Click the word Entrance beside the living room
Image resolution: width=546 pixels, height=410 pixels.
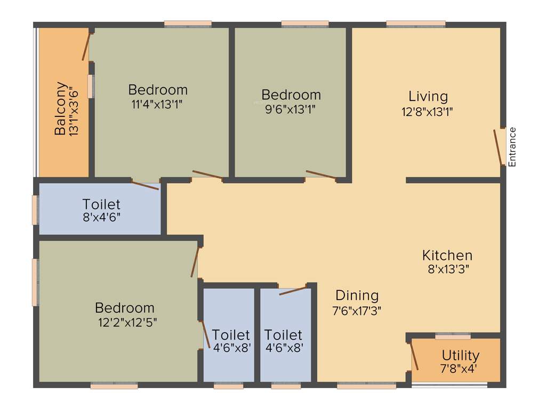(x=512, y=147)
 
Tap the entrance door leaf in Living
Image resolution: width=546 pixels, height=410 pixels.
(x=499, y=146)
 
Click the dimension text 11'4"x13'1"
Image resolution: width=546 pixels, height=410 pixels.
(x=157, y=104)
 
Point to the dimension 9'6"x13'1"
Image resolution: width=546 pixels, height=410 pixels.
(x=291, y=109)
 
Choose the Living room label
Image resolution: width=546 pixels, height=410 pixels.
(x=428, y=97)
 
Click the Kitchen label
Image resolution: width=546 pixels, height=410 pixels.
(x=447, y=255)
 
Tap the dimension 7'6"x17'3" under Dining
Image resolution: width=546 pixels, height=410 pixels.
(x=357, y=310)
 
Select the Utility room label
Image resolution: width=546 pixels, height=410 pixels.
(x=460, y=356)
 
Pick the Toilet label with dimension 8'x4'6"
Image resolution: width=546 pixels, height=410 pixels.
(x=101, y=204)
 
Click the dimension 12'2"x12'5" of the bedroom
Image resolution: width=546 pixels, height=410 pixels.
(x=125, y=322)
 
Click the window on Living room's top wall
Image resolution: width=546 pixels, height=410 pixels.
(x=415, y=23)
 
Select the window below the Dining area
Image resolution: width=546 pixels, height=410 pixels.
(x=366, y=385)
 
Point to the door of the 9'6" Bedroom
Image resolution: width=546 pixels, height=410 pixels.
(x=321, y=175)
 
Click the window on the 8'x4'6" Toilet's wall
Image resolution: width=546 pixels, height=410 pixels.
(x=35, y=210)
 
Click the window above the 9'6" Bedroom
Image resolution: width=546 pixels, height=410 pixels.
(x=304, y=23)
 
